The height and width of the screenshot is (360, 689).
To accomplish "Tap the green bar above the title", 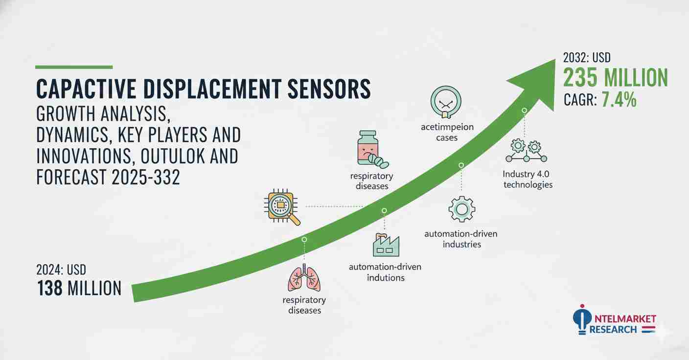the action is pyautogui.click(x=74, y=67).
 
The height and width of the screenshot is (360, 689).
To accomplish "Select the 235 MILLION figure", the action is pyautogui.click(x=616, y=78).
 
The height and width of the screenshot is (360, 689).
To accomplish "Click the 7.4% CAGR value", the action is pyautogui.click(x=619, y=100).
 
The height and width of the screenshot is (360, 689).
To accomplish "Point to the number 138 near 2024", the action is pyautogui.click(x=50, y=288).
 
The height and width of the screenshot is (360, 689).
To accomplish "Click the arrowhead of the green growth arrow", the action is pyautogui.click(x=537, y=83).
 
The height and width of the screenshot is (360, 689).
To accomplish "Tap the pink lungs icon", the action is pyautogui.click(x=304, y=278).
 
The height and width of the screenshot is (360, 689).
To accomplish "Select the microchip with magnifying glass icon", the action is pyautogui.click(x=282, y=207).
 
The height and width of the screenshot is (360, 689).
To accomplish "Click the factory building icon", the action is pyautogui.click(x=386, y=245).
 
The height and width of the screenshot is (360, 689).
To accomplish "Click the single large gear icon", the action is pyautogui.click(x=461, y=209).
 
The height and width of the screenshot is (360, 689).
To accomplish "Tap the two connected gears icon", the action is pyautogui.click(x=526, y=151).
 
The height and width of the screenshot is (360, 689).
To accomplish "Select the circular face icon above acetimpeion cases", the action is pyautogui.click(x=446, y=102).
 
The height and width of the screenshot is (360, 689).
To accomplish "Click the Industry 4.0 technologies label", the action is pyautogui.click(x=527, y=179).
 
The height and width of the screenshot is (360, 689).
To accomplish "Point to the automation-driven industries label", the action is pyautogui.click(x=461, y=239).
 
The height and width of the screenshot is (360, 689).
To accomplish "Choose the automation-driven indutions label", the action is pyautogui.click(x=385, y=272).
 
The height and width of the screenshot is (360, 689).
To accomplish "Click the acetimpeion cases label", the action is pyautogui.click(x=447, y=132).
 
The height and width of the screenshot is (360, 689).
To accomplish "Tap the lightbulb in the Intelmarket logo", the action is pyautogui.click(x=582, y=320).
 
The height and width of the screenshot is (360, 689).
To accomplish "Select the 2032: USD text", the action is pyautogui.click(x=587, y=58).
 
